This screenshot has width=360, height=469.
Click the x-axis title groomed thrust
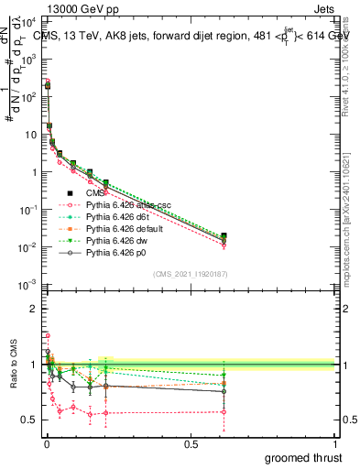[302, 457]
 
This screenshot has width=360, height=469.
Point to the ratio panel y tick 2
[35, 309]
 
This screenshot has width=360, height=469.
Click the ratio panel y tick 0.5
[31, 420]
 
